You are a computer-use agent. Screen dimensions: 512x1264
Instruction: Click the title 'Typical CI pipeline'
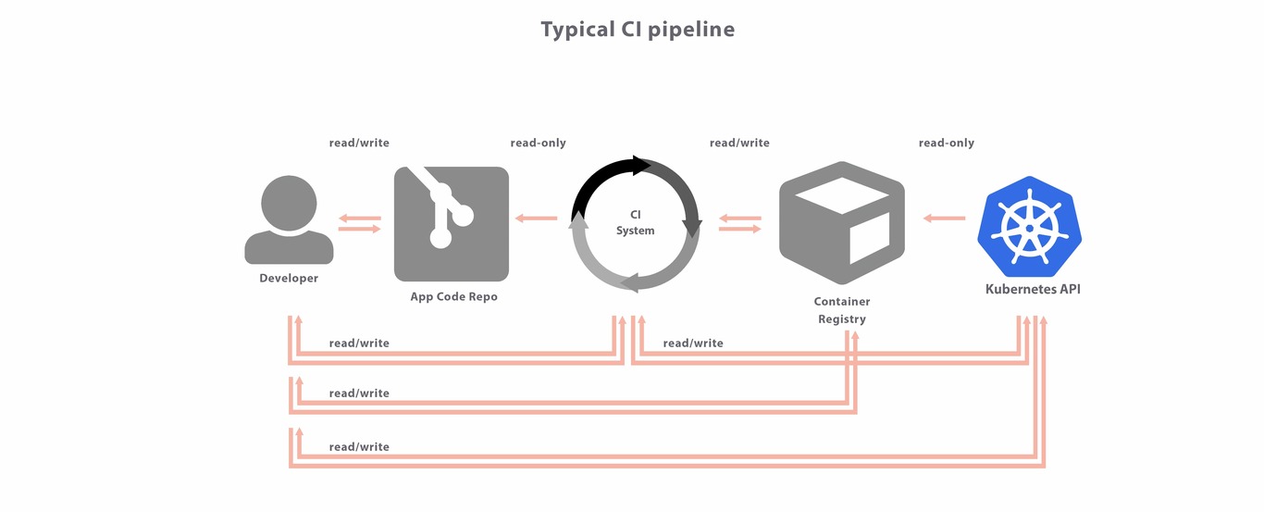click(x=638, y=30)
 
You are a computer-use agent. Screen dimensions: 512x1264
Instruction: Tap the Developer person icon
click(x=289, y=220)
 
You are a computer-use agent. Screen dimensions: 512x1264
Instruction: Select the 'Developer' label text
click(x=289, y=279)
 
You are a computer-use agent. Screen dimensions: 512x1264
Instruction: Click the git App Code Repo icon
click(x=452, y=223)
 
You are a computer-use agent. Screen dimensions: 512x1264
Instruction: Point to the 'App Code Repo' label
click(x=453, y=297)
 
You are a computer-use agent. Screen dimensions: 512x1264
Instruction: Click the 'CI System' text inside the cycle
click(x=636, y=223)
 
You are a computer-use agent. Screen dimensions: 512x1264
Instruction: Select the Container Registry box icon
click(x=841, y=223)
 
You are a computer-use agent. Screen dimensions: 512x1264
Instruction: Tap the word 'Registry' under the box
click(x=842, y=319)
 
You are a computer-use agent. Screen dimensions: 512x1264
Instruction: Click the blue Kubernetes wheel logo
click(x=1025, y=227)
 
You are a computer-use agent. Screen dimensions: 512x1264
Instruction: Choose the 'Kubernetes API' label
click(x=1033, y=289)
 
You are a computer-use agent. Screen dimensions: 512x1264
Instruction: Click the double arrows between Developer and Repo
click(x=359, y=223)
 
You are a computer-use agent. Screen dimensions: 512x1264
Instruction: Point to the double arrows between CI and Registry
click(x=739, y=223)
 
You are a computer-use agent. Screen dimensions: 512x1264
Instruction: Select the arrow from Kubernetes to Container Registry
click(x=944, y=219)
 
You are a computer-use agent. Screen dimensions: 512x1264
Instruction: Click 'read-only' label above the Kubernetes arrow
click(x=946, y=144)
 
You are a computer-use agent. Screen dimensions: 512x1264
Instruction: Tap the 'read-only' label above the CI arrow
click(x=538, y=144)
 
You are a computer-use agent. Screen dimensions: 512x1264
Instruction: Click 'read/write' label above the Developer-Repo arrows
click(x=359, y=144)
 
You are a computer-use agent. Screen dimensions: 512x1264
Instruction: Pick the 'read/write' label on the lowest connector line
click(x=359, y=447)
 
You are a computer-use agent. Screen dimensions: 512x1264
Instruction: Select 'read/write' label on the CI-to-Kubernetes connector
click(x=693, y=343)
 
